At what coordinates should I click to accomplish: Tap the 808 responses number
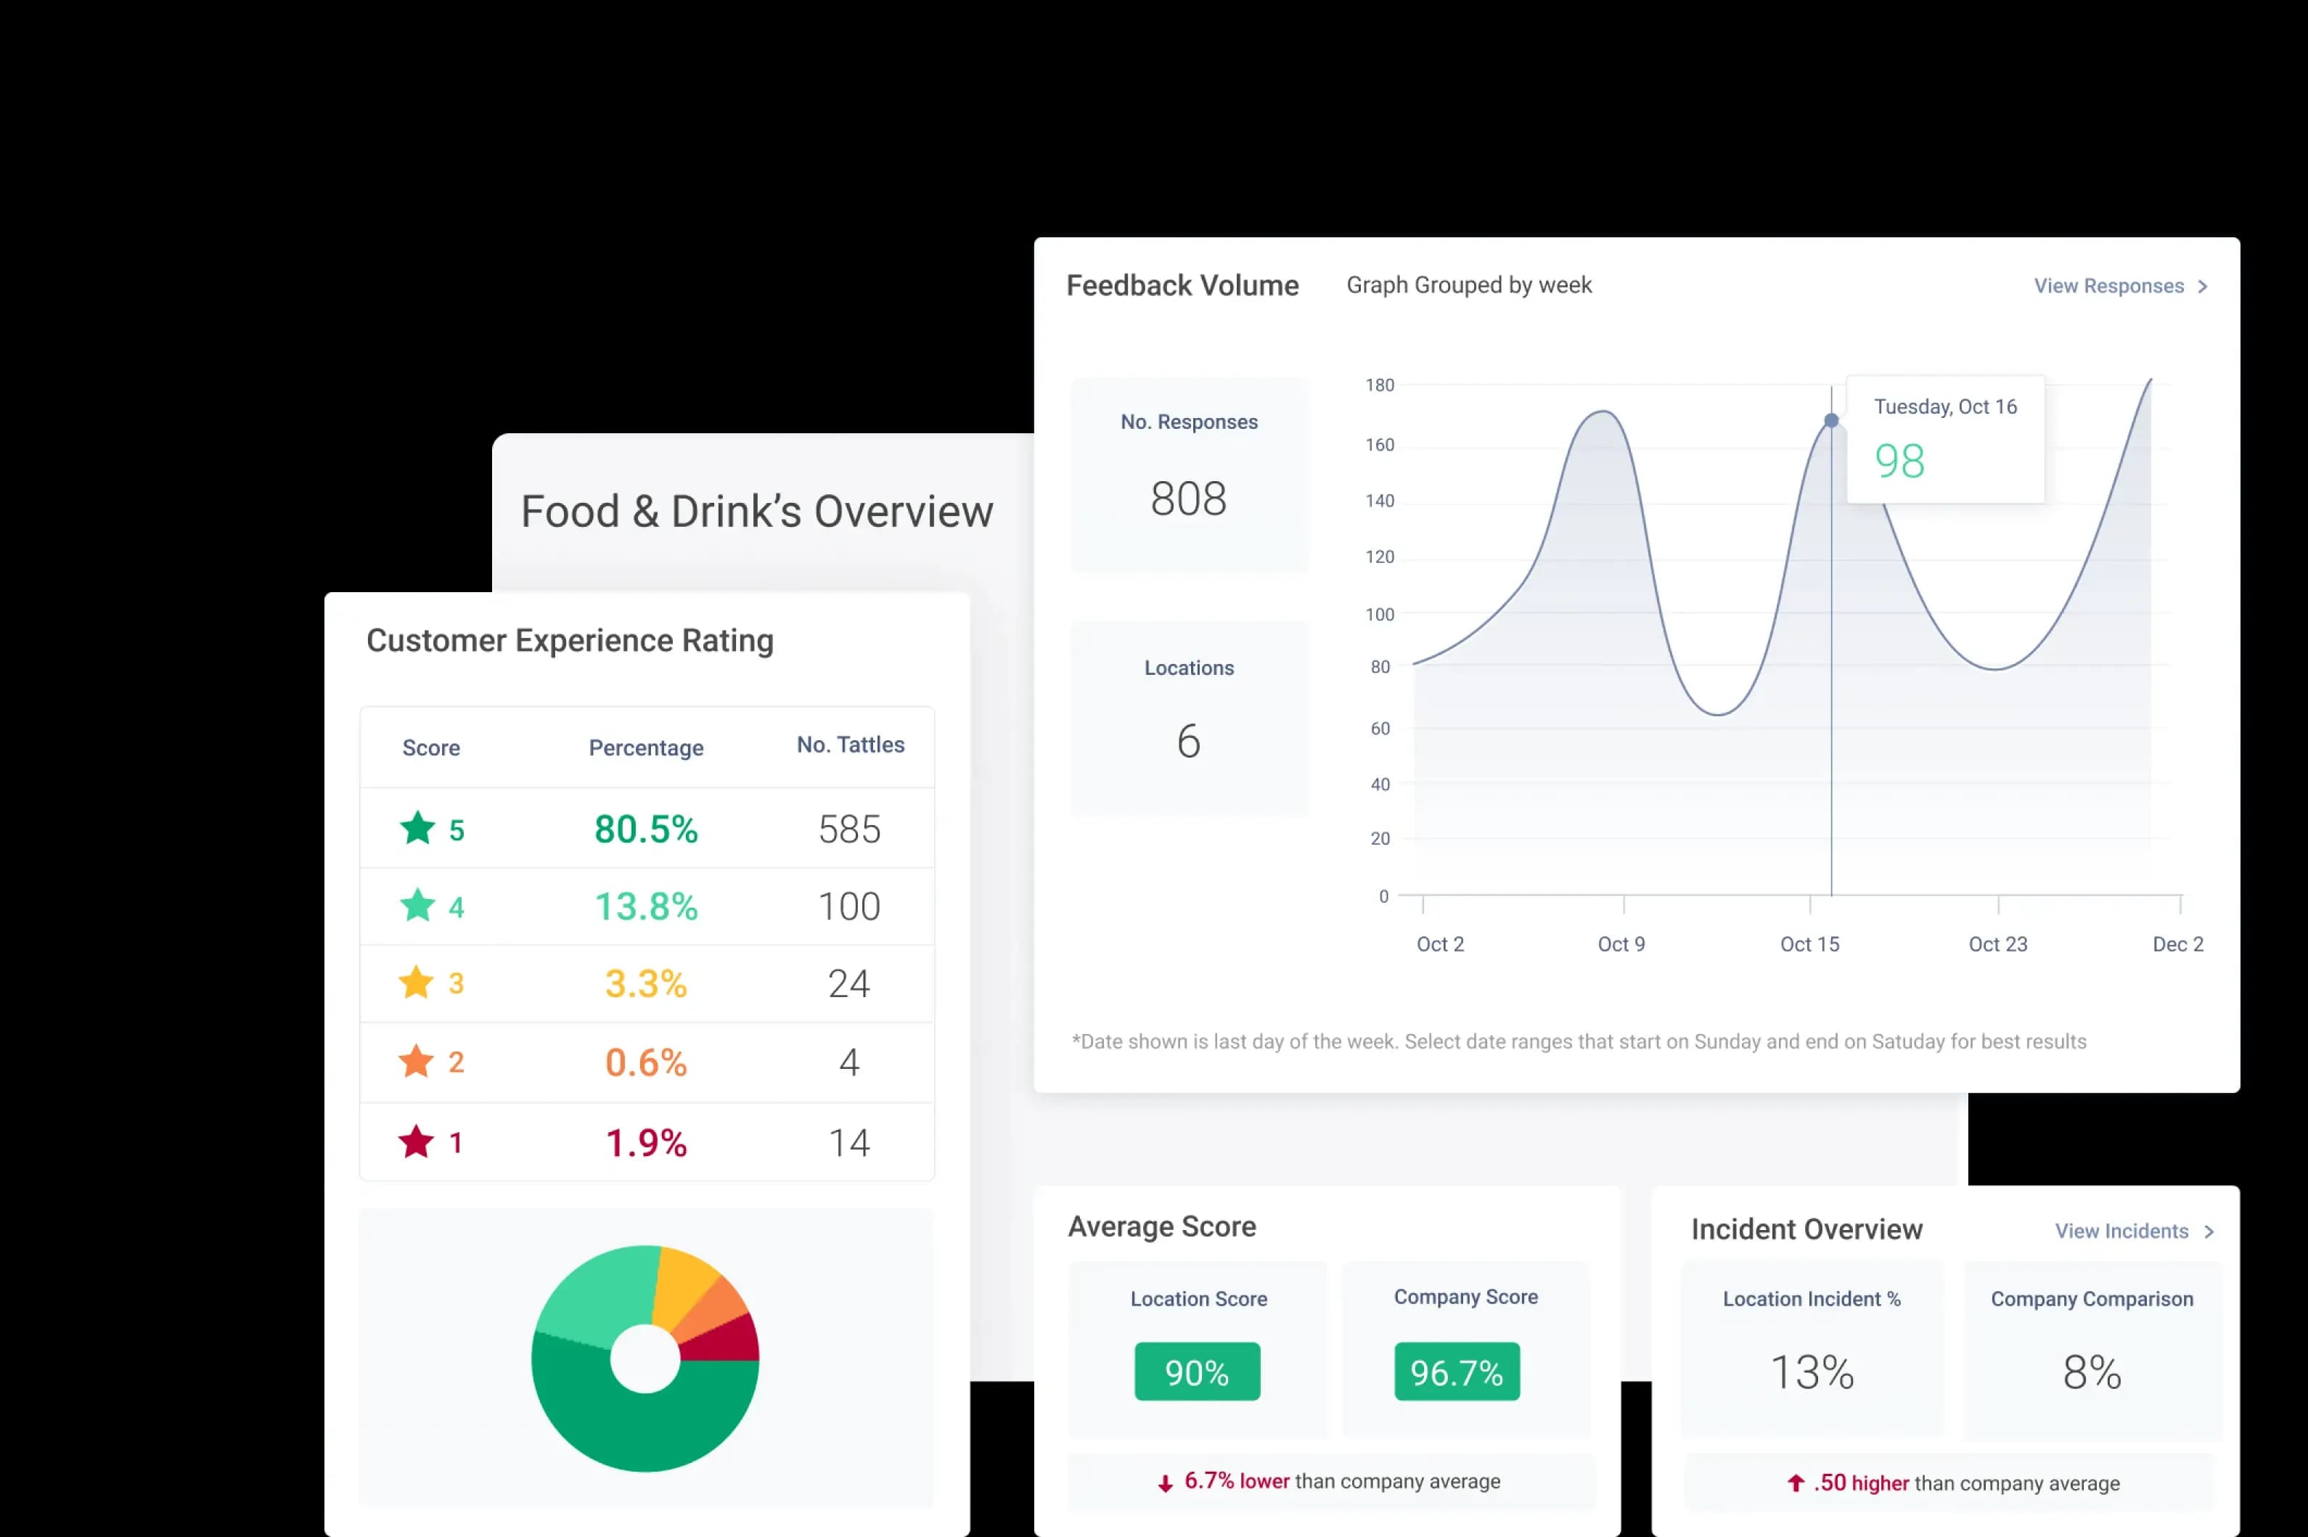1188,499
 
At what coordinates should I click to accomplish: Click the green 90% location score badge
1197,1372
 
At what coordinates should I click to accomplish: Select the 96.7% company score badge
1457,1372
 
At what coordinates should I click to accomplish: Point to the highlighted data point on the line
1831,420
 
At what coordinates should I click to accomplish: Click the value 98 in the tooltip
1899,462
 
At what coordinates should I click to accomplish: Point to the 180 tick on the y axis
1380,385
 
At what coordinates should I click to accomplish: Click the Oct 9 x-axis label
1621,944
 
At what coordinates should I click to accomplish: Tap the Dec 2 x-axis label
2177,944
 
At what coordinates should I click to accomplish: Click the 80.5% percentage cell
646,829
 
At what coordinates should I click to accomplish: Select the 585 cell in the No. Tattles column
849,829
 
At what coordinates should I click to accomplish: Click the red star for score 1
417,1142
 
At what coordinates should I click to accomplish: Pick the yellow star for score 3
417,982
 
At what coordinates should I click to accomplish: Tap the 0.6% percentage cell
646,1062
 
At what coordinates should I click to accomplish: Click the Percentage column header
646,748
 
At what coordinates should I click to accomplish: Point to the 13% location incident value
1812,1372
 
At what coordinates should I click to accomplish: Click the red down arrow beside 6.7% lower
1165,1484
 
